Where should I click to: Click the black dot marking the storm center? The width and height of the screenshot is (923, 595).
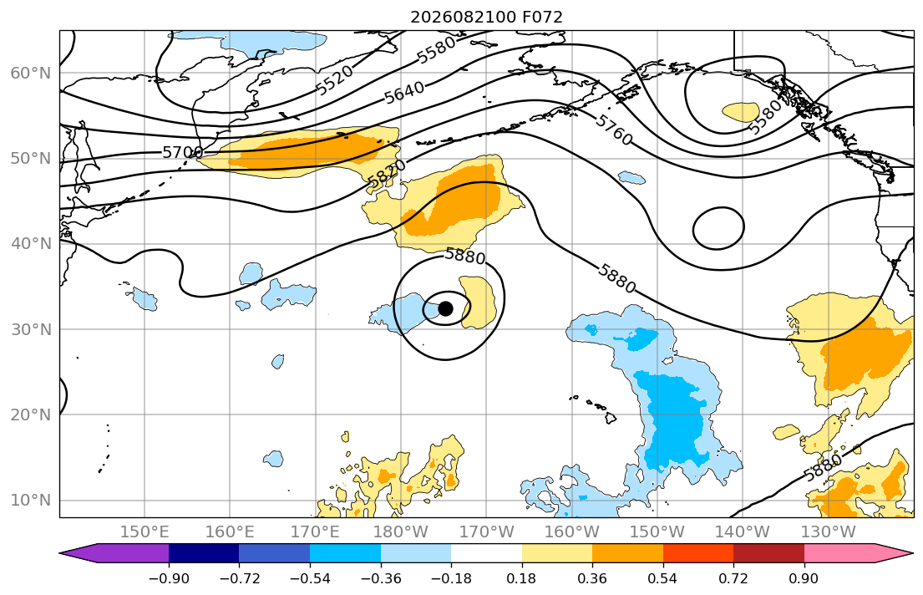pos(445,308)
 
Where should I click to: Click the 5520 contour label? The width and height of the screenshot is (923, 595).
pos(334,79)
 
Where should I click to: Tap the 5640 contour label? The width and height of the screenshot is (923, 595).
pos(404,93)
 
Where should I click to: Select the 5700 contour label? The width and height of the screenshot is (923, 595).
pos(182,153)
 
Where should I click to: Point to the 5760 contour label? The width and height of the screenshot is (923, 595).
pos(613,130)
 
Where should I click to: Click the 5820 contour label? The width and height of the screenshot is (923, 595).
pos(386,175)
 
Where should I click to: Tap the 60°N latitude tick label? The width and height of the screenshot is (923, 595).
pos(31,73)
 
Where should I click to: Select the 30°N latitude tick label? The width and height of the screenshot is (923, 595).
pos(31,329)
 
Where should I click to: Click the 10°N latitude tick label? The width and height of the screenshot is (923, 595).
pos(31,501)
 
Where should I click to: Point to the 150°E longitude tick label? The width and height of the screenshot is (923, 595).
pos(145,532)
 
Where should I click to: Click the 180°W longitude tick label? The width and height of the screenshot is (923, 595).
pos(401,532)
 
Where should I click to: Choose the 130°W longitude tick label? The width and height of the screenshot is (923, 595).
pos(829,532)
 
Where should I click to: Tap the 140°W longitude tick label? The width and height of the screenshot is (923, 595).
pos(743,532)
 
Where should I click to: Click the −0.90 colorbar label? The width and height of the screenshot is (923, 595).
pos(169,578)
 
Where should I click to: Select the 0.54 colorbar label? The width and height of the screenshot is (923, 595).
pos(663,578)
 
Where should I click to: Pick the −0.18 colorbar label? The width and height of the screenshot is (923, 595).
pos(451,578)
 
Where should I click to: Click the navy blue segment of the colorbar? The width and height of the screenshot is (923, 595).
pos(204,553)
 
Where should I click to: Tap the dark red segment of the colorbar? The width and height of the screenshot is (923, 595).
pos(768,553)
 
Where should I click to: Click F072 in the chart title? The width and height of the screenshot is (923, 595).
pos(542,17)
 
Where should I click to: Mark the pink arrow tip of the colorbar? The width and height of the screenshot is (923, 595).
pos(914,553)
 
